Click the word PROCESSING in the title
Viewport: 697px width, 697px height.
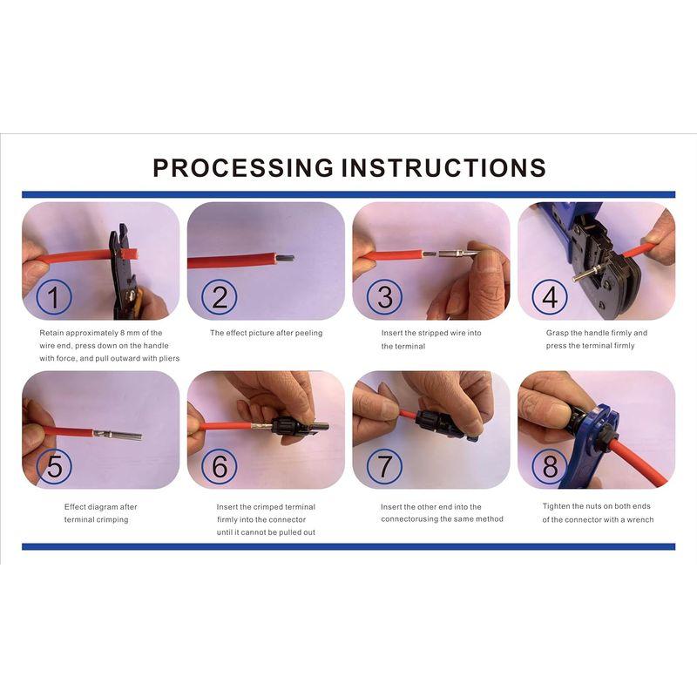[243, 167]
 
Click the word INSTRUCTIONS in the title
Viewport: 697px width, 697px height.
[443, 167]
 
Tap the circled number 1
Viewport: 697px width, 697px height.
[53, 297]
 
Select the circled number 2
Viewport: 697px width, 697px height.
[220, 297]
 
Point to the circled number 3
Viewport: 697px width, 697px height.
[384, 297]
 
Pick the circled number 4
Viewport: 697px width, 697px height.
[550, 297]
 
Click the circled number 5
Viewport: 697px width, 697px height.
[53, 466]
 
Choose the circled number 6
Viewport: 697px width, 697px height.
[220, 466]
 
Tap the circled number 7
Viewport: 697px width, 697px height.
[384, 466]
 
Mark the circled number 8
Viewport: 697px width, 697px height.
[550, 466]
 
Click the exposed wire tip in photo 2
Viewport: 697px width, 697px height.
[286, 258]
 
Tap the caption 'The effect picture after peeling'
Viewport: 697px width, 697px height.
[267, 333]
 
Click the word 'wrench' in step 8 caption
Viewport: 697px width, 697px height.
[640, 519]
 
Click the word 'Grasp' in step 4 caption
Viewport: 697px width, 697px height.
[558, 333]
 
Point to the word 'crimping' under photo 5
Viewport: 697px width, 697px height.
[112, 519]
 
